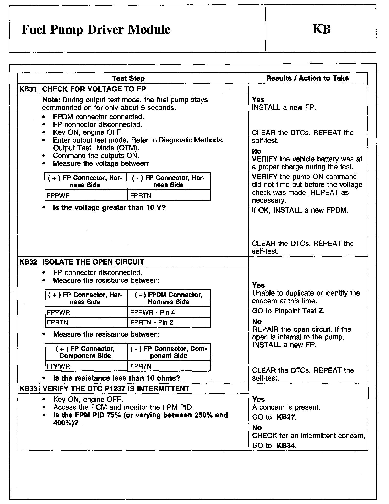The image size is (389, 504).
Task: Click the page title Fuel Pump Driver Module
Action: [x=96, y=29]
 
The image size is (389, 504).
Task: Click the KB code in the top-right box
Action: [x=321, y=29]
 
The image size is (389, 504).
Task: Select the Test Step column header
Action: [x=128, y=78]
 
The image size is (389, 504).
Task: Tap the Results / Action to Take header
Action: [x=307, y=78]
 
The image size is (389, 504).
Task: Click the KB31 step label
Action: [x=28, y=89]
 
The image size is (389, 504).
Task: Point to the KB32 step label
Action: [x=28, y=262]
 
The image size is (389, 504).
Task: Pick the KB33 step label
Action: [x=28, y=388]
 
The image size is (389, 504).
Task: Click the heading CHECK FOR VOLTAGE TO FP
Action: [x=94, y=89]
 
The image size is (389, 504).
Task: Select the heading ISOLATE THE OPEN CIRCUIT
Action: [x=93, y=262]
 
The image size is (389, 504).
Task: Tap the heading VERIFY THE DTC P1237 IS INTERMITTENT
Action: [x=116, y=388]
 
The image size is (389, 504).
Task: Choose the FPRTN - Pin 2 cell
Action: [x=152, y=322]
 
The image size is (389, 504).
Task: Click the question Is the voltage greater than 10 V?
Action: [x=109, y=207]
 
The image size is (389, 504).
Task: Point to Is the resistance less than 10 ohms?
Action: [x=116, y=378]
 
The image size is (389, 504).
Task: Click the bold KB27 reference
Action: [x=286, y=417]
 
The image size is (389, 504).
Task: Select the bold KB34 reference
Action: [x=286, y=446]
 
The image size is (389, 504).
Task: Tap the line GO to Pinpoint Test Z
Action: [x=288, y=311]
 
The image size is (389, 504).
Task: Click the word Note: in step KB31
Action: [x=51, y=100]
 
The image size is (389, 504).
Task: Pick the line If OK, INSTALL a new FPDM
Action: [x=300, y=210]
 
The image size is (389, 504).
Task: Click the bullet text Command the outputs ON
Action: [x=96, y=156]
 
